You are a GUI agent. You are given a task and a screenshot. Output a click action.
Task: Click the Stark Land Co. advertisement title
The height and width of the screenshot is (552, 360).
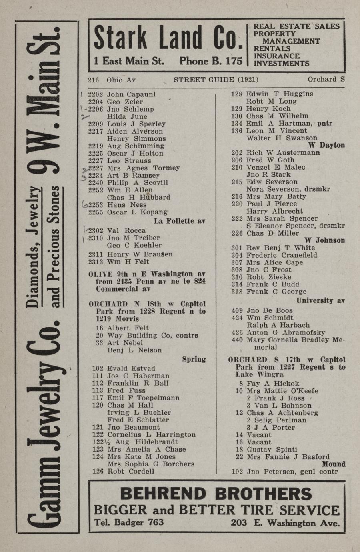[168, 39]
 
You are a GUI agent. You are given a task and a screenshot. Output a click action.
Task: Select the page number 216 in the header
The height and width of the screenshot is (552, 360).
[93, 80]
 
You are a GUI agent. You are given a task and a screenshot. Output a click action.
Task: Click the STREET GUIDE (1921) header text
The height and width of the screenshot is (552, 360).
[216, 80]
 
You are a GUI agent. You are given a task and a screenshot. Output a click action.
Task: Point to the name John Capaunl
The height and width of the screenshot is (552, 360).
[131, 95]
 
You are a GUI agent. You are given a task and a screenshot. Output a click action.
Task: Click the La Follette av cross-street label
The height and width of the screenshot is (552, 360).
[180, 221]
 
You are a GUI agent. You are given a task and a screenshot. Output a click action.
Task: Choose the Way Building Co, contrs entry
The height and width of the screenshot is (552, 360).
[152, 336]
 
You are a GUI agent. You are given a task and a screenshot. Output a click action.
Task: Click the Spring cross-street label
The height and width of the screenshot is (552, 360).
[194, 359]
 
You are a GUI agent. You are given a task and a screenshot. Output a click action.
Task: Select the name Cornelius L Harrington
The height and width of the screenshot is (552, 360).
[152, 435]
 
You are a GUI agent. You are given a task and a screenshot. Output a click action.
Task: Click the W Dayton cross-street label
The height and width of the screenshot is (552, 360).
[326, 145]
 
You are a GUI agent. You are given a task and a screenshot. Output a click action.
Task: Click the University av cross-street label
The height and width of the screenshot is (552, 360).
[320, 301]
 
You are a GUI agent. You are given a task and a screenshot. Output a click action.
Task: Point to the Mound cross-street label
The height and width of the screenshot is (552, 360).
[334, 464]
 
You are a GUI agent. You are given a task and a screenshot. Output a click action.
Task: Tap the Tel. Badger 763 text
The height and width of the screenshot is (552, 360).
[129, 522]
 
